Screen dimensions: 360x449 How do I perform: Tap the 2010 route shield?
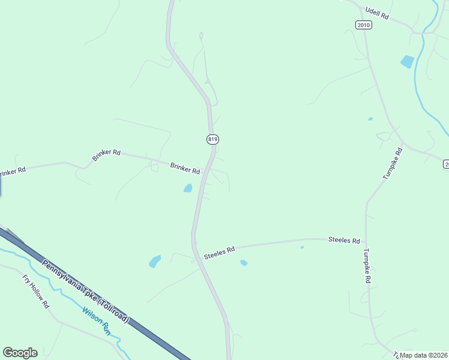(x=363, y=25)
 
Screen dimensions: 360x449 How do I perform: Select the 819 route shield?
(x=212, y=139)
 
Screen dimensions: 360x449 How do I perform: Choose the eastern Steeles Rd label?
(x=344, y=240)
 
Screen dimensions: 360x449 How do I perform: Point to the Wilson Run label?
(x=97, y=320)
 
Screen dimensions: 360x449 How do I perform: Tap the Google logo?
(x=20, y=353)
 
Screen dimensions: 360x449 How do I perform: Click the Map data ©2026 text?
(x=424, y=355)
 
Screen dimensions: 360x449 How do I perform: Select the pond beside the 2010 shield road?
(x=407, y=61)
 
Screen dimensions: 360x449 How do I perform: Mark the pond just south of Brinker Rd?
(x=188, y=188)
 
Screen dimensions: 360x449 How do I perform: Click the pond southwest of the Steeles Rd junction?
(x=155, y=262)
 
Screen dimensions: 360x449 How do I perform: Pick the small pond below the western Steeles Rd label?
(x=244, y=263)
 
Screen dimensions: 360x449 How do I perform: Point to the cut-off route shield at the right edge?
(x=446, y=164)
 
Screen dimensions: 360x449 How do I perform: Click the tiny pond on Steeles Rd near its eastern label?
(x=301, y=247)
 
